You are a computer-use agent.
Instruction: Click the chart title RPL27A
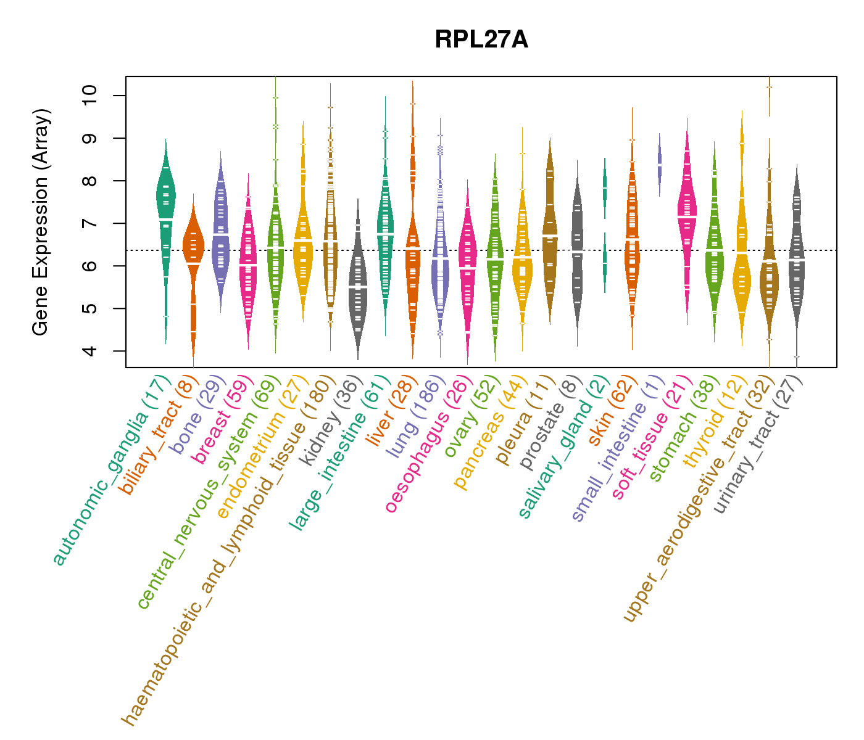481,40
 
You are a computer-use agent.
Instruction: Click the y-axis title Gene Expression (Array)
41,222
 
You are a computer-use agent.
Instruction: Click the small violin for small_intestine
660,165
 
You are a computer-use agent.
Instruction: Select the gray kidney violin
358,290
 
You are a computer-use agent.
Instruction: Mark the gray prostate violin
577,247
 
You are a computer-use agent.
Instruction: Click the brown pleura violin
550,234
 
